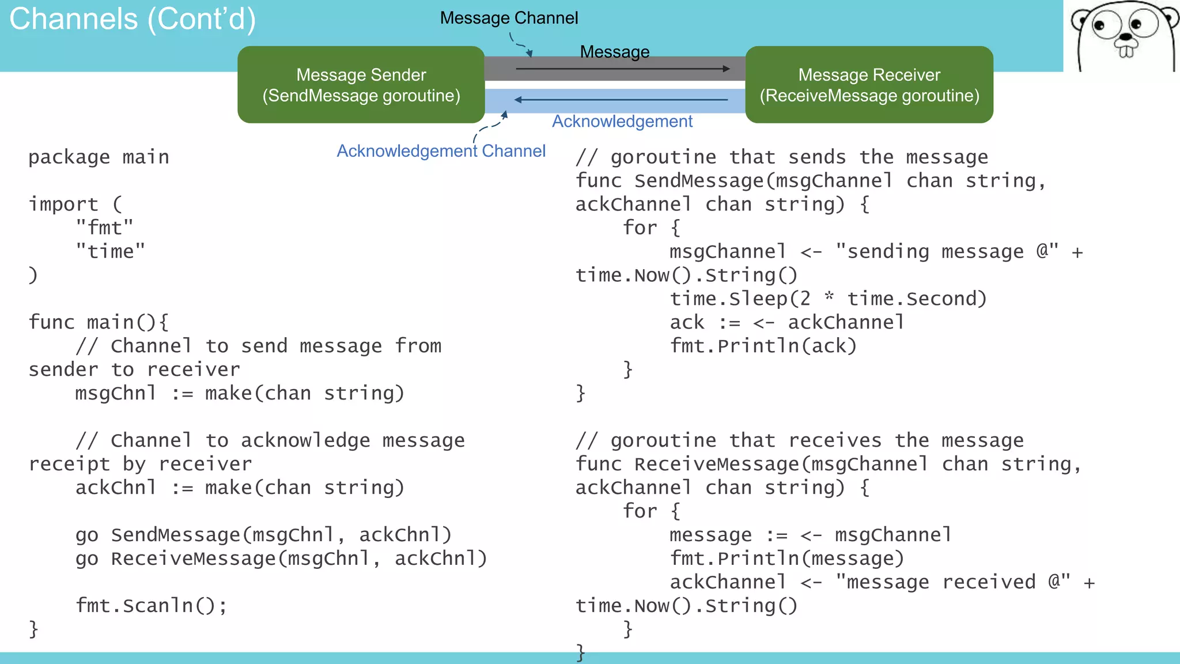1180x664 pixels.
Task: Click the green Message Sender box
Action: (361, 85)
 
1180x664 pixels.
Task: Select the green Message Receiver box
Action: (869, 85)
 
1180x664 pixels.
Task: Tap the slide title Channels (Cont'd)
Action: (133, 19)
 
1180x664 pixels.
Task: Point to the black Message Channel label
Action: (509, 18)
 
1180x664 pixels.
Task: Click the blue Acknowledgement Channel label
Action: (441, 151)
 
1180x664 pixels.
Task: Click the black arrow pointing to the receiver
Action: (622, 69)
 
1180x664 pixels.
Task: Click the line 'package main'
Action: (99, 157)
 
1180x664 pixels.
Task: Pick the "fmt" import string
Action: (104, 228)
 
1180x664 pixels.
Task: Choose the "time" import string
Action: (110, 251)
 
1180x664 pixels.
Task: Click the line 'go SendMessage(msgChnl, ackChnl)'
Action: (263, 535)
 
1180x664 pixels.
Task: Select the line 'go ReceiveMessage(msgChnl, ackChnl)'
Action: (281, 559)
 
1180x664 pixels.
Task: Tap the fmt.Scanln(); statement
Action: (152, 606)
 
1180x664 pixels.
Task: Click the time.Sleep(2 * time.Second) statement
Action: (828, 299)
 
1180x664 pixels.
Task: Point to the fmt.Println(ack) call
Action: (763, 346)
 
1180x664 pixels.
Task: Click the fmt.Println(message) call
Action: (786, 559)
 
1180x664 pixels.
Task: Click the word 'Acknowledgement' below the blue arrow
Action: (622, 122)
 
